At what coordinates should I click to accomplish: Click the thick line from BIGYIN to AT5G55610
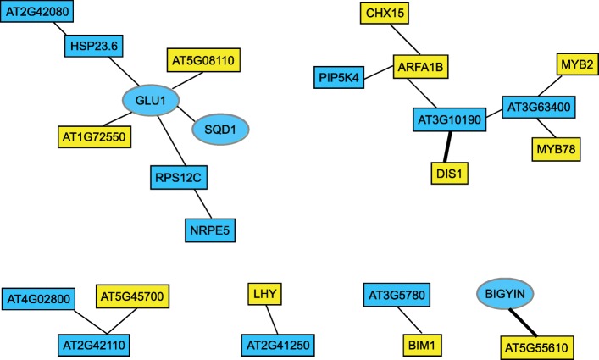[528, 320]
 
